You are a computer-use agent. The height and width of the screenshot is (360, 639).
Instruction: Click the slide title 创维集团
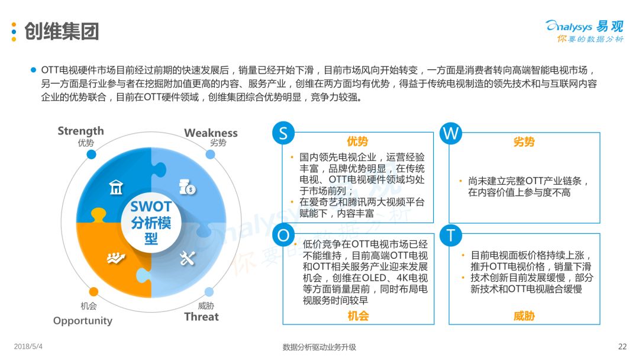coord(62,31)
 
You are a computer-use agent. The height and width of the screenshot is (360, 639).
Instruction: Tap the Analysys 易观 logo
coord(584,31)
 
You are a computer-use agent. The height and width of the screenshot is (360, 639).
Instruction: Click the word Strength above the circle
coord(80,131)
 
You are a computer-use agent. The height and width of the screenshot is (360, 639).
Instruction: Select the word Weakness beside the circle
coord(211,133)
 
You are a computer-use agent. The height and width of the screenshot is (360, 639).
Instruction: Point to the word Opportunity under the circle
coord(83,320)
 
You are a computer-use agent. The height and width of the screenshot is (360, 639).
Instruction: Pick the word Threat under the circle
coord(201,317)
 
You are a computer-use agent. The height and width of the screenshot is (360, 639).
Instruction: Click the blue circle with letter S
coord(283,134)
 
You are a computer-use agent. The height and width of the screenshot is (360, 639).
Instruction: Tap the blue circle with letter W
coord(451,134)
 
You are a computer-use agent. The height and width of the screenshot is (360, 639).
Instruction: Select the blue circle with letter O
coord(283,235)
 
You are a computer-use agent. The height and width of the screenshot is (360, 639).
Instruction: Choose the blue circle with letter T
coord(451,235)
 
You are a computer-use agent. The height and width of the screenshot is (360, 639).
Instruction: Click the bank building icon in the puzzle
coord(116,188)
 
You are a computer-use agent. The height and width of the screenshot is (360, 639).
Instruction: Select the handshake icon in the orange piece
coord(115,258)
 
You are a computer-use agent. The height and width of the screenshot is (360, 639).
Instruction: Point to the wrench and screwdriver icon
coord(187,258)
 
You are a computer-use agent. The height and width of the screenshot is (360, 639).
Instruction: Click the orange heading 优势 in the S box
coord(357,142)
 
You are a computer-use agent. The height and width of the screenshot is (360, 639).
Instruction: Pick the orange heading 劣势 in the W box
coord(524,142)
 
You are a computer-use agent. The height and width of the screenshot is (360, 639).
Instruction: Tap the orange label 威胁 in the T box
coord(524,316)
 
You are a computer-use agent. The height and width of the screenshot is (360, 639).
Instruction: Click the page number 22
coord(622,346)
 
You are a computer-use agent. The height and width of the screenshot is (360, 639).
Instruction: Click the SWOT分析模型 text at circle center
coord(151,223)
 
